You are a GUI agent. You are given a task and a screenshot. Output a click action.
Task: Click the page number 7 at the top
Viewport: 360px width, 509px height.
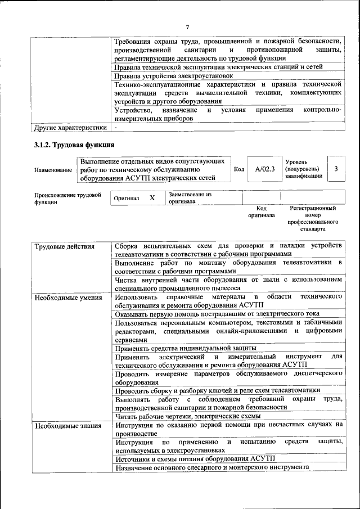point(187,26)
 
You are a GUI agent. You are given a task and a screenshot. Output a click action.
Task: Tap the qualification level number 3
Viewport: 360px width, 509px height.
point(336,169)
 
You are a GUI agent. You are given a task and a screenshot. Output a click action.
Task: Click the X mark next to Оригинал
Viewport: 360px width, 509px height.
point(152,198)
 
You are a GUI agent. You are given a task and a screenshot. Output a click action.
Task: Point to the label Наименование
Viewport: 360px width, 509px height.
point(53,169)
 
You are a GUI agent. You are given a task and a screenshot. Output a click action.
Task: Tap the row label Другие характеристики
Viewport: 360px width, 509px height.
point(70,128)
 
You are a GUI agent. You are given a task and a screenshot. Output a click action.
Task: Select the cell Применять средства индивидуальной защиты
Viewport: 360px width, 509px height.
point(185,348)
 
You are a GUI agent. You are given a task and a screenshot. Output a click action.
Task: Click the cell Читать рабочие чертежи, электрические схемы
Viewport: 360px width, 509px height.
point(188,416)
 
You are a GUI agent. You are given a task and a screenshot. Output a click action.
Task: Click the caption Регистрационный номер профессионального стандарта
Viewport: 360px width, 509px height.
point(313,219)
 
